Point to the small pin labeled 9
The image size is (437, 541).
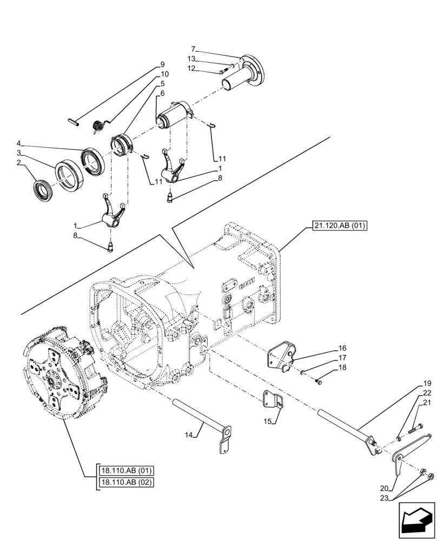click(75, 122)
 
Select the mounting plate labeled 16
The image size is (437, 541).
click(280, 358)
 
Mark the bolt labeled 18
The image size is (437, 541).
click(319, 382)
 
